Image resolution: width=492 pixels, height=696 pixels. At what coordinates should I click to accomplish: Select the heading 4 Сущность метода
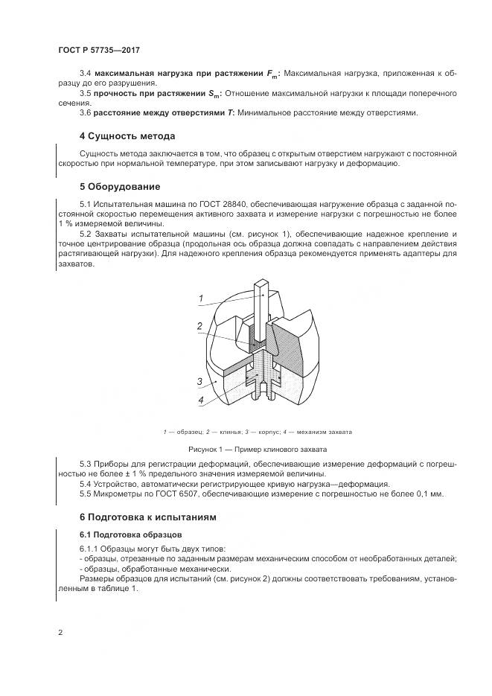pos(127,136)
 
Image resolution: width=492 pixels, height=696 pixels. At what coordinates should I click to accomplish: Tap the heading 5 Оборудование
pos(120,185)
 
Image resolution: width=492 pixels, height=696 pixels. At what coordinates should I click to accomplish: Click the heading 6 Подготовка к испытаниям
pos(148,517)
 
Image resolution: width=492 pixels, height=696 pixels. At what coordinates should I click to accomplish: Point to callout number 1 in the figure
pos(201,298)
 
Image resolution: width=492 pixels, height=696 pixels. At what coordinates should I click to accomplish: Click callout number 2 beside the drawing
pos(199,326)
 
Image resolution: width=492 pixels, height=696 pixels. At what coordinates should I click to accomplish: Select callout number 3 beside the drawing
pos(199,381)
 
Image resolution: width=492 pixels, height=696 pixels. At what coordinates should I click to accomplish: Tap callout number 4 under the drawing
pos(200,400)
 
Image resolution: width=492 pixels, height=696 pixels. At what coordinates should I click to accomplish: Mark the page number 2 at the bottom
pos(60,633)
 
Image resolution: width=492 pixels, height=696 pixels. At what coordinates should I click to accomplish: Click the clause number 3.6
pos(84,112)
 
